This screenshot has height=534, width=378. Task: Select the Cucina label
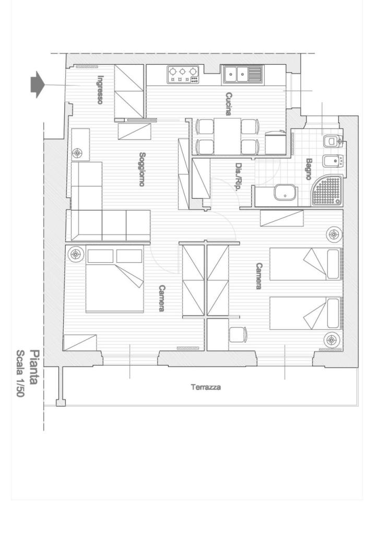click(229, 104)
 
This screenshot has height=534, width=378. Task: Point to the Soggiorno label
click(142, 169)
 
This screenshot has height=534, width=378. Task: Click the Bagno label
click(309, 169)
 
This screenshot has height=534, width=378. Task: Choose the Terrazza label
click(206, 387)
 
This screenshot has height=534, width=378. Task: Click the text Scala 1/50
click(21, 373)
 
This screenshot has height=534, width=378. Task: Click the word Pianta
click(33, 367)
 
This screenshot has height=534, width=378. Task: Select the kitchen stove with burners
click(183, 75)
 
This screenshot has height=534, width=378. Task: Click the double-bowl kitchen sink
click(243, 75)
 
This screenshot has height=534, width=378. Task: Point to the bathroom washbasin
click(286, 193)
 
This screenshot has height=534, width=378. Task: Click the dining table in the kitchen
click(227, 136)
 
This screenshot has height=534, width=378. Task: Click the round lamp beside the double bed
click(76, 254)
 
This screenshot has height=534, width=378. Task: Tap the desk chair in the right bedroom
click(238, 334)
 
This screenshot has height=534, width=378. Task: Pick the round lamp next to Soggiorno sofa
click(77, 153)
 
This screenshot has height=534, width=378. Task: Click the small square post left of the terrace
click(61, 403)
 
